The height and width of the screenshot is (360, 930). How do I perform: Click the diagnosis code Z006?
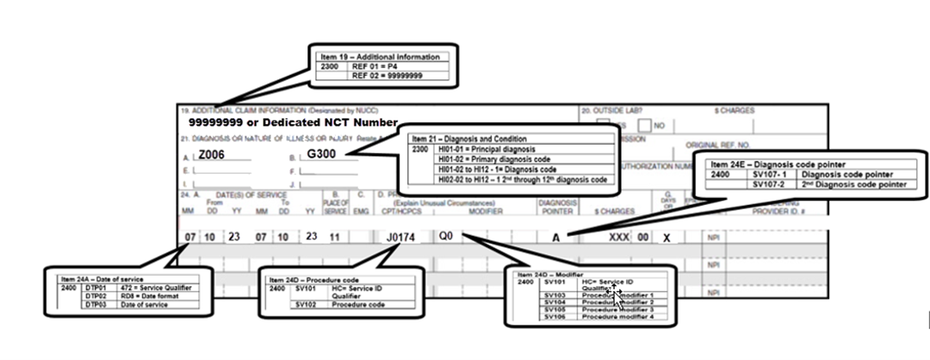coord(212,156)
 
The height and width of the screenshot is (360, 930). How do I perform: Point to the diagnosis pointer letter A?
coord(557,237)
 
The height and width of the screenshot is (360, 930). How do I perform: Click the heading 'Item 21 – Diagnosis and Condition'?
coord(469,139)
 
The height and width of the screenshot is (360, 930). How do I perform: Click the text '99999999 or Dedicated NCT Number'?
coord(293,124)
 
